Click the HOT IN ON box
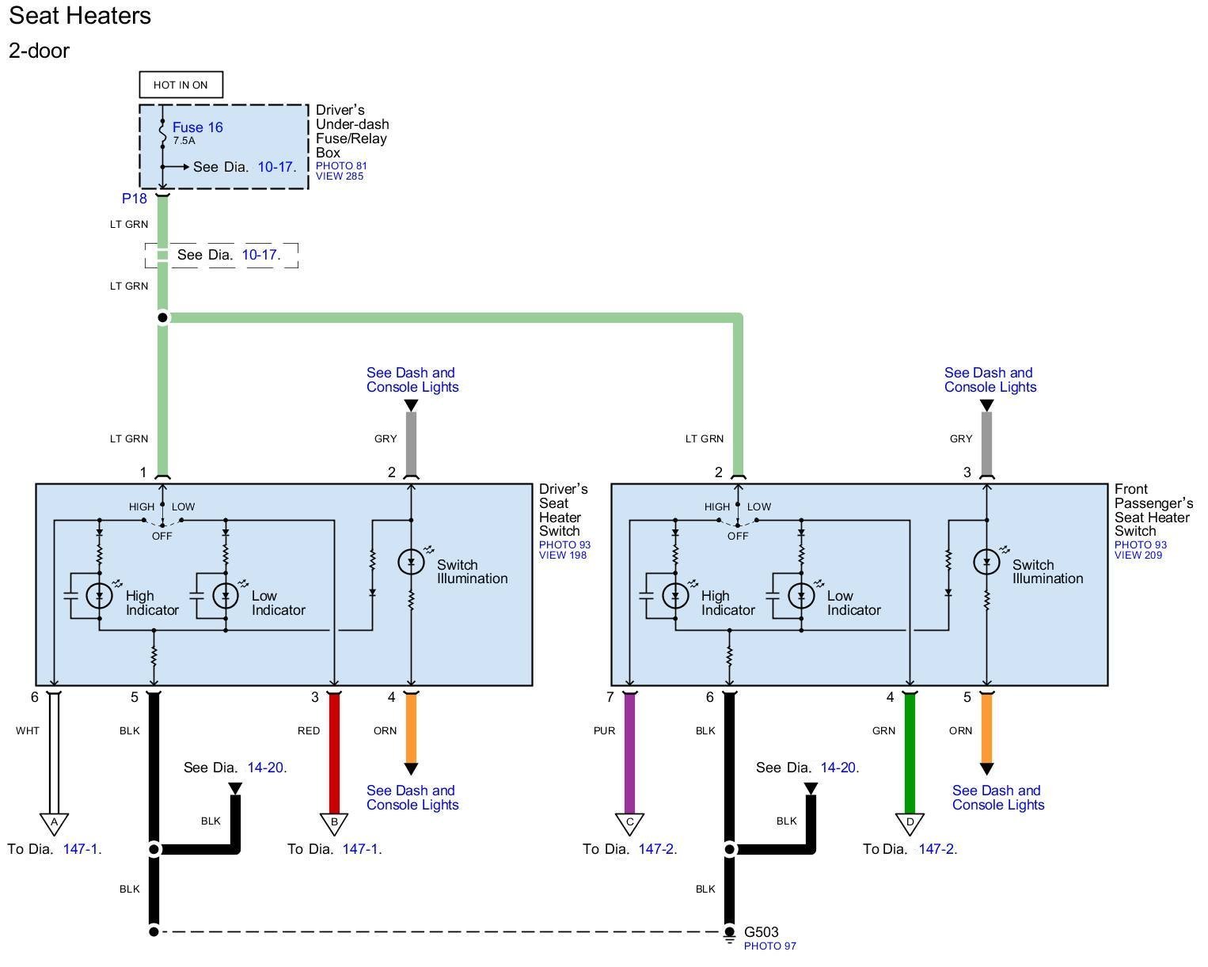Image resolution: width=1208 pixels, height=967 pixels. [x=180, y=85]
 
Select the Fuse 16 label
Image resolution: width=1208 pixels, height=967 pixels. [x=197, y=127]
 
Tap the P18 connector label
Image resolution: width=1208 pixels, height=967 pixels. [x=134, y=198]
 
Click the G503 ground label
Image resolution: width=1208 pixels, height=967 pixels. [x=761, y=931]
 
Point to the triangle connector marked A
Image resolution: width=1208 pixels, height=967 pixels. [x=54, y=824]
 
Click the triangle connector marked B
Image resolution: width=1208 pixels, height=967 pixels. [x=334, y=824]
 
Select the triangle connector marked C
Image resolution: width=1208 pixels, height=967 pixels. [x=629, y=824]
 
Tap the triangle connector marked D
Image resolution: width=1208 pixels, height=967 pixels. [x=910, y=824]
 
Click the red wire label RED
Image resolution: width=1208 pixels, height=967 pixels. [x=309, y=730]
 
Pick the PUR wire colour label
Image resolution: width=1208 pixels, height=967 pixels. [x=604, y=730]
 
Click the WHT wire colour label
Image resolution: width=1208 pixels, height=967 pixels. [x=28, y=730]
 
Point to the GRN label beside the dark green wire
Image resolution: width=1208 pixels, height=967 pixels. [x=883, y=730]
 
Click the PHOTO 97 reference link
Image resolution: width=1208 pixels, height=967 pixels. [x=769, y=946]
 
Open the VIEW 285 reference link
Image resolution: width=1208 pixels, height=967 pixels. [x=339, y=176]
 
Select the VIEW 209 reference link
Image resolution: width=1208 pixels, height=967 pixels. [x=1138, y=555]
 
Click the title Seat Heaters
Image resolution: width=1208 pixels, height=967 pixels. [x=80, y=16]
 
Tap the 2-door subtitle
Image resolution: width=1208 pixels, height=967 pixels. [x=39, y=51]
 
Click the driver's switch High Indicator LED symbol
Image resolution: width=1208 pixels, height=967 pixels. [x=100, y=595]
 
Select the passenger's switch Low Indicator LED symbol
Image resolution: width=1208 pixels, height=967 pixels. [x=801, y=595]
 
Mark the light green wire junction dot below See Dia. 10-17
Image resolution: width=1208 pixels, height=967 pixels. [x=163, y=317]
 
